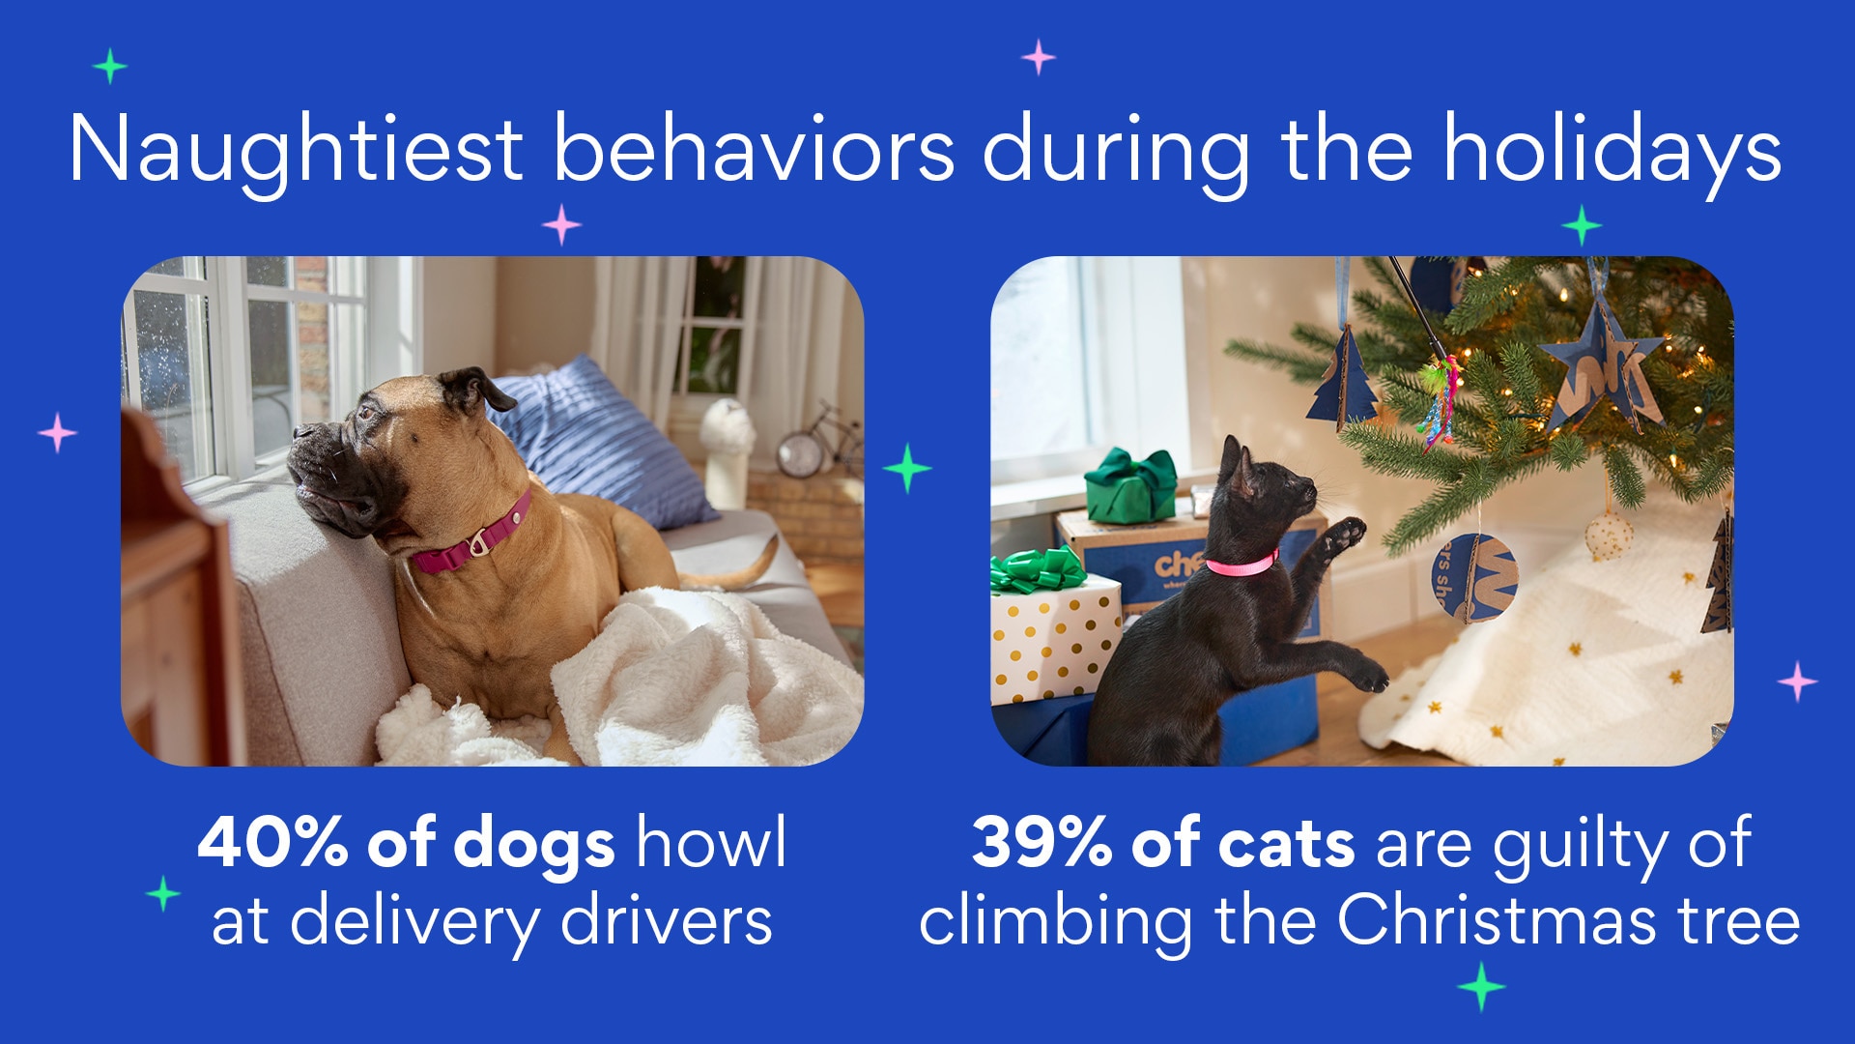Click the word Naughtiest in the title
(x=297, y=150)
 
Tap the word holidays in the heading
(x=1612, y=150)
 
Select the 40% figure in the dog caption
(x=272, y=842)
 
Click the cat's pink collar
(x=1241, y=565)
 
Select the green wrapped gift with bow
(x=1130, y=485)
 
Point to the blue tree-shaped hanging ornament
(x=1343, y=379)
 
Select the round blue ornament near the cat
(x=1474, y=578)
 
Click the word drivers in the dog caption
(x=667, y=920)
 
